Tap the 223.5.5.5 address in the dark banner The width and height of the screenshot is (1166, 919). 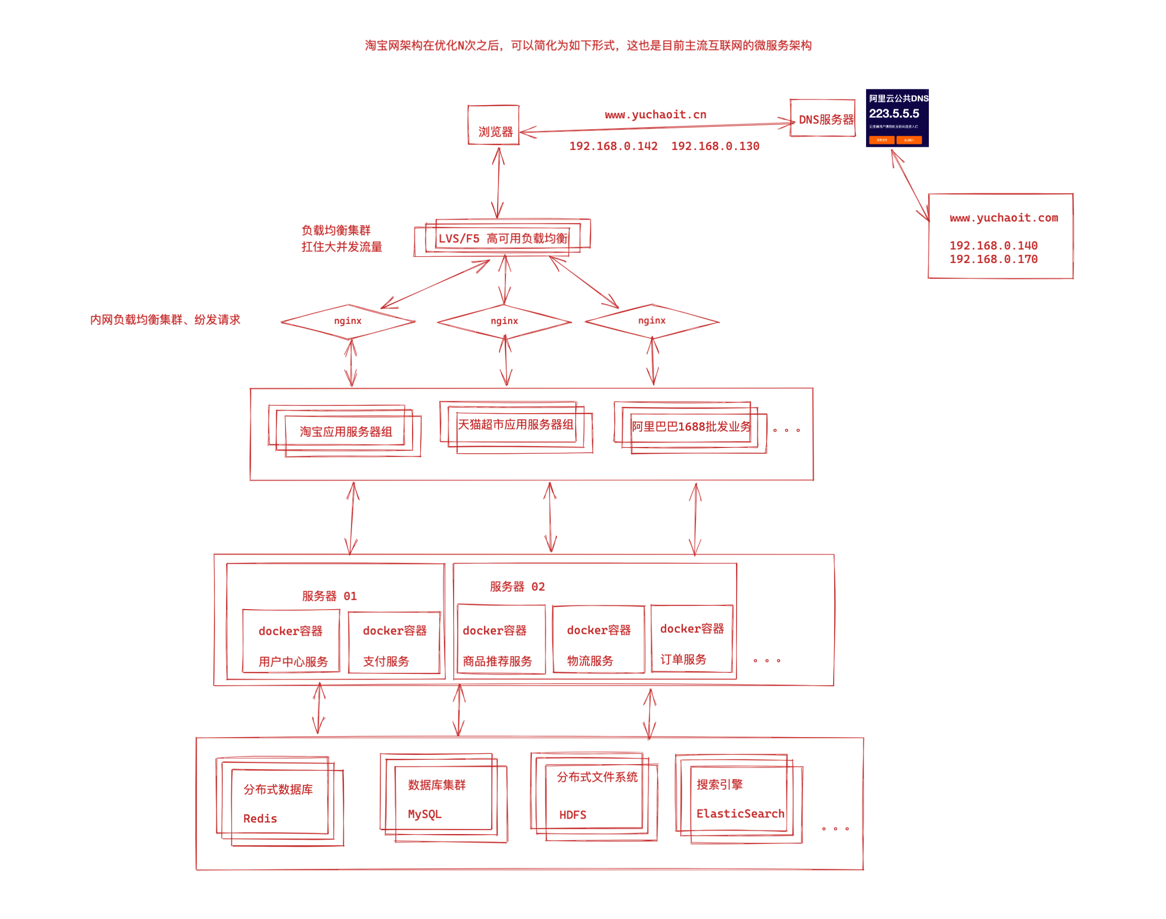(x=894, y=113)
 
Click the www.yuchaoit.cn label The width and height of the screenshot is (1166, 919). (x=655, y=114)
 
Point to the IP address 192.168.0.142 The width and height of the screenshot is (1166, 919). (x=613, y=146)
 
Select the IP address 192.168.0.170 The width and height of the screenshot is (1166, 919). (x=993, y=259)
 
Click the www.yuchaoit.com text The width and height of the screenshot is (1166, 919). (x=1003, y=218)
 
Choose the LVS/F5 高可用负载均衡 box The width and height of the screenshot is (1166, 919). (x=502, y=238)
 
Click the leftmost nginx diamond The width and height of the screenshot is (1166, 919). (x=348, y=321)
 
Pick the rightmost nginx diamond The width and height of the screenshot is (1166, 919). (x=652, y=321)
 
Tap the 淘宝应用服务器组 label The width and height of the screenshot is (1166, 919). (x=346, y=432)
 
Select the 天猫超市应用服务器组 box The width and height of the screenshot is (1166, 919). (x=515, y=425)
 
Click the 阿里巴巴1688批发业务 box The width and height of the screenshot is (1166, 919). (x=691, y=427)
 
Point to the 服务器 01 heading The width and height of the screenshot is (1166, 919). (x=329, y=596)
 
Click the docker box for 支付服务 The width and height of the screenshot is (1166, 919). (x=394, y=643)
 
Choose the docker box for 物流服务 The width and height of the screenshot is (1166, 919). (x=598, y=641)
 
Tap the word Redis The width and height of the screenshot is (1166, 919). (x=260, y=819)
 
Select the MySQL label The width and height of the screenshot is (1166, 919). (x=424, y=815)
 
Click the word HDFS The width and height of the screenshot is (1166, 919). (x=572, y=815)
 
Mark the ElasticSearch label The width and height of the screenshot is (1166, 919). (x=740, y=814)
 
